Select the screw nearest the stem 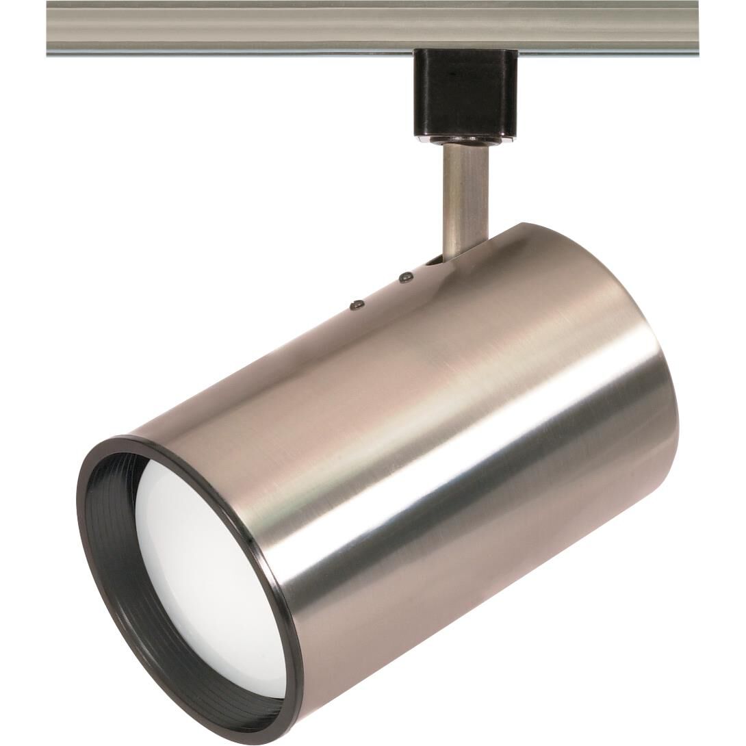406,277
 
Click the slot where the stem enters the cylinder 433,260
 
